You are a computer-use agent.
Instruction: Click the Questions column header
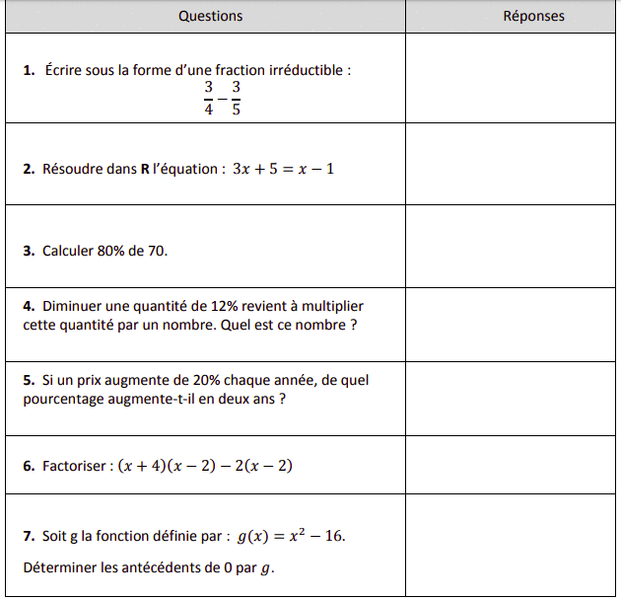(210, 16)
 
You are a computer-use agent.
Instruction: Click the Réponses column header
(533, 16)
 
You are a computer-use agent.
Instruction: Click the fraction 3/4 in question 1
(208, 99)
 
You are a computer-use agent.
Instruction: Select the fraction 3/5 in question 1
(236, 99)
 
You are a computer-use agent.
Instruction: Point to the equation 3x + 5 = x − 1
(284, 169)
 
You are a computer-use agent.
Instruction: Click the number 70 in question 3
(156, 251)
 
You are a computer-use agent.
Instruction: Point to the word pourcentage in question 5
(63, 399)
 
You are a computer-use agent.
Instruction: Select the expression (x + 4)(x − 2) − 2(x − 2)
(205, 466)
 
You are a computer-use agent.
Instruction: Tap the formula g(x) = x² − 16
(292, 537)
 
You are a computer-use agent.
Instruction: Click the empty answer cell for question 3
(512, 246)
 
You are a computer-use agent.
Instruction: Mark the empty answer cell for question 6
(512, 465)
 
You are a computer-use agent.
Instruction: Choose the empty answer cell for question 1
(512, 78)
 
